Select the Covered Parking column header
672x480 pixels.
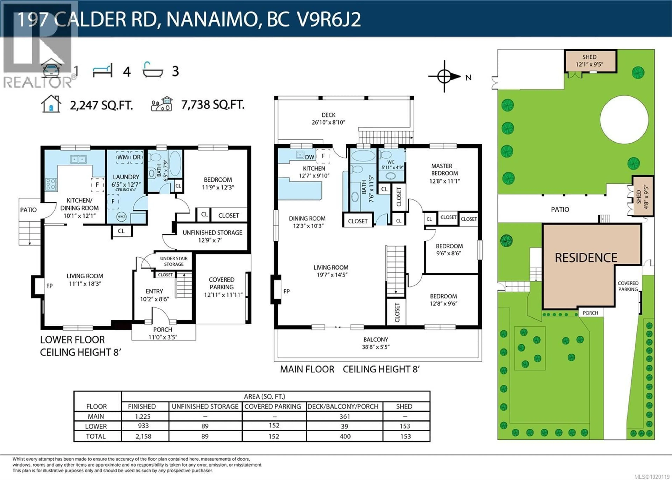click(273, 406)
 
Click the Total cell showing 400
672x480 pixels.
click(345, 436)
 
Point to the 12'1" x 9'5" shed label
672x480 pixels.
click(589, 61)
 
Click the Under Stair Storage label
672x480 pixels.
click(174, 261)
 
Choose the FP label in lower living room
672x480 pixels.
click(49, 286)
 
